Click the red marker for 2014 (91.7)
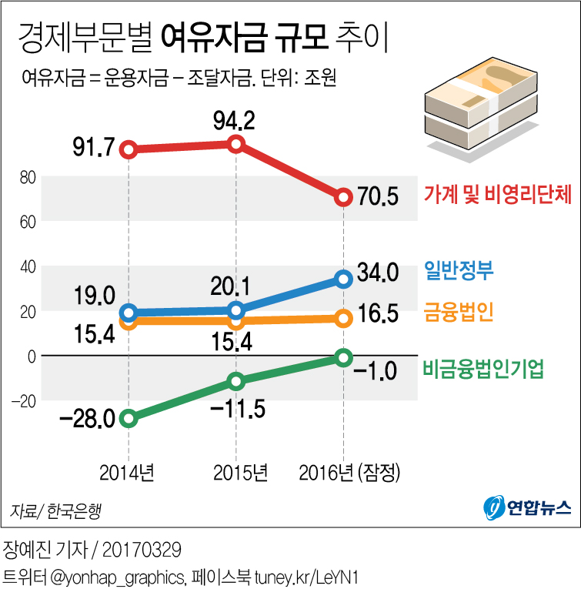pos(129,149)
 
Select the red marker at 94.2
pos(236,144)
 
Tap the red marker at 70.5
pos(343,197)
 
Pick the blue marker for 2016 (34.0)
pos(343,279)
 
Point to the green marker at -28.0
pos(129,418)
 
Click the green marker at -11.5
pos(236,380)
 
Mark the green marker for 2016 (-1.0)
pos(343,357)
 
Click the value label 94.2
pos(236,120)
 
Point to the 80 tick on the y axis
pos(28,177)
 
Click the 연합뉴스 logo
pos(527,507)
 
